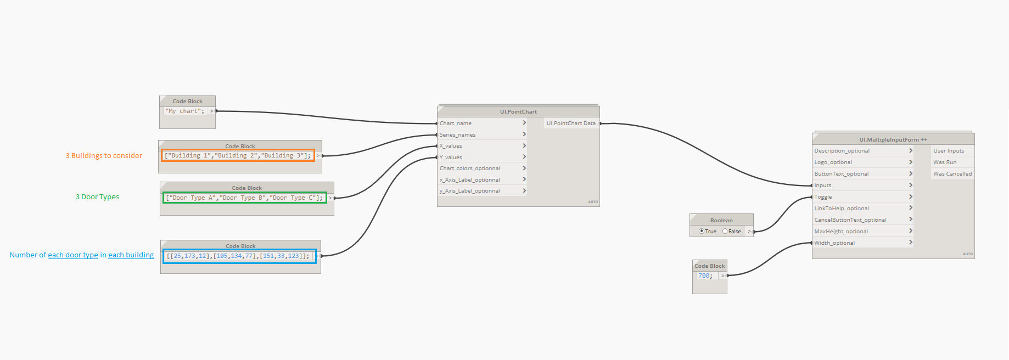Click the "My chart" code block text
tap(185, 111)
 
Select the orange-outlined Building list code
tap(238, 156)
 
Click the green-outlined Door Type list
tap(244, 198)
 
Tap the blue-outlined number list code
tap(239, 256)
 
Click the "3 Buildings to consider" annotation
tap(104, 156)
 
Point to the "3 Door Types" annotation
tap(97, 197)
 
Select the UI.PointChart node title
tap(518, 112)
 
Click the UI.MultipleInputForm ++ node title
tap(893, 140)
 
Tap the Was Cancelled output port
tap(952, 174)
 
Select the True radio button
tap(702, 232)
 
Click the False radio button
tap(725, 232)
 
